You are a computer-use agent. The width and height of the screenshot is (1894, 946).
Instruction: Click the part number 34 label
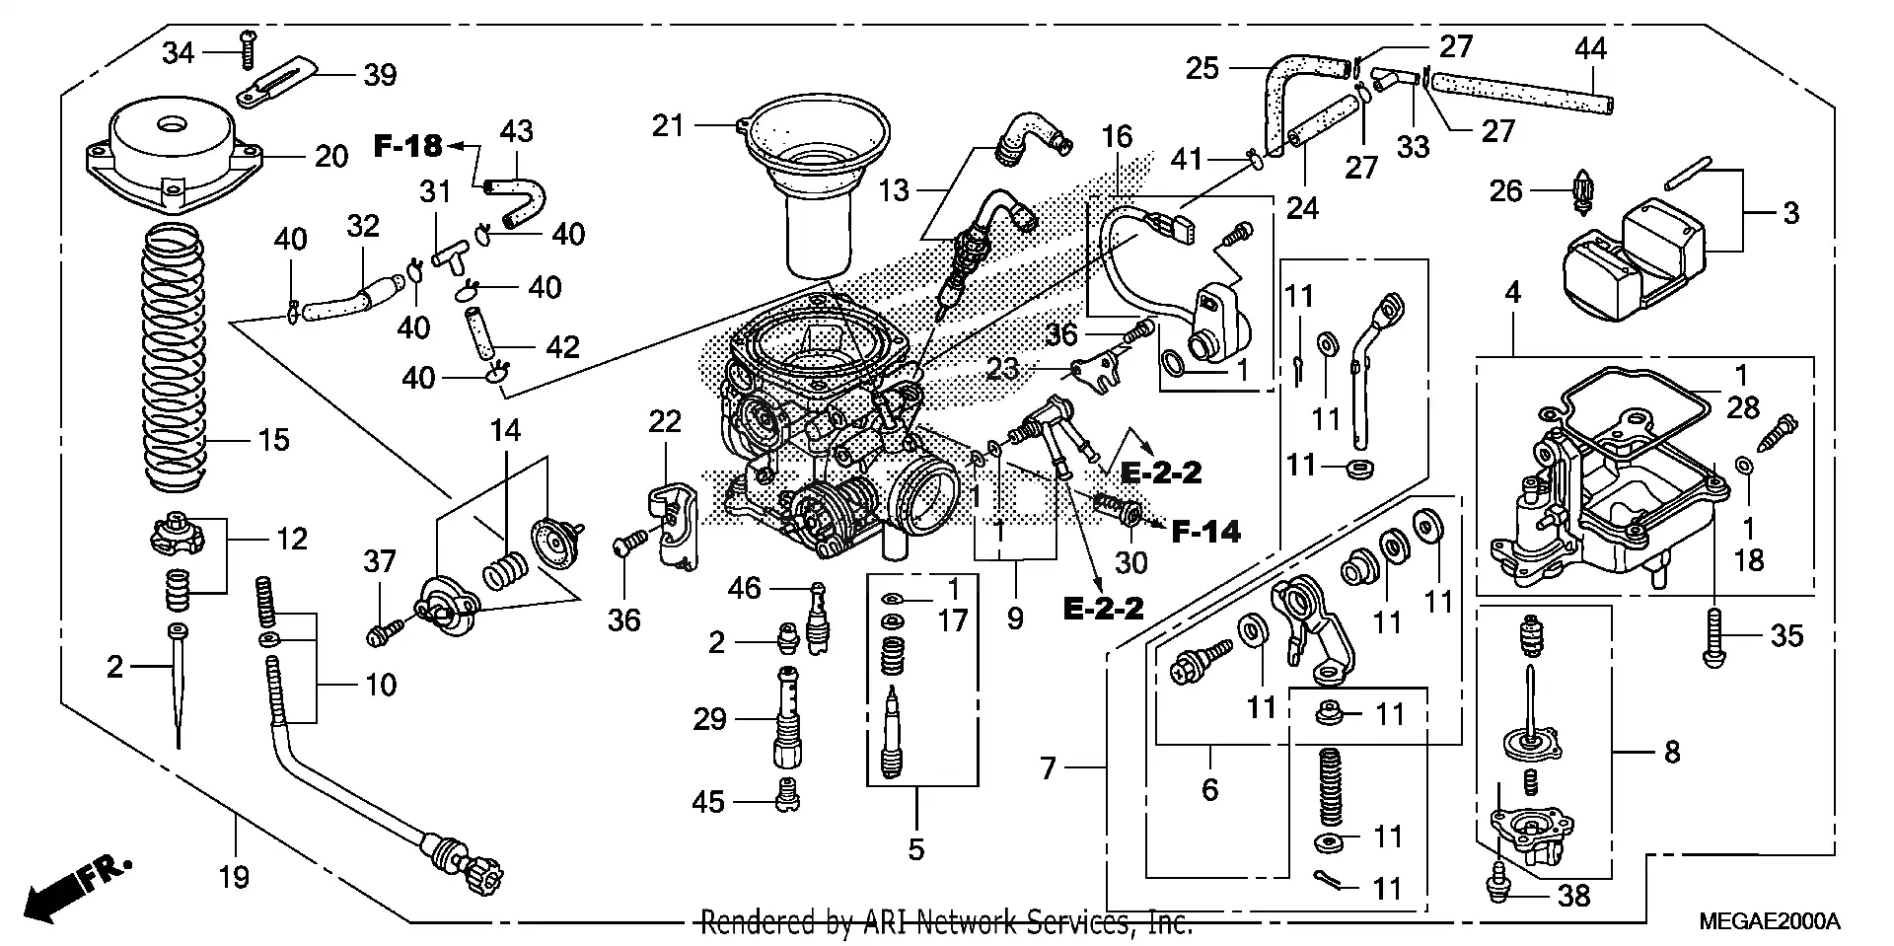(x=178, y=52)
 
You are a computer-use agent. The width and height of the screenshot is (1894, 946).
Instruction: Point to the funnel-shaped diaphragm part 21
(x=817, y=178)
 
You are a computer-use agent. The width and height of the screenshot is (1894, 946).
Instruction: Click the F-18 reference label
(x=407, y=146)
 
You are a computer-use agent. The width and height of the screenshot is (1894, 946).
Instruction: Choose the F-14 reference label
(x=1205, y=532)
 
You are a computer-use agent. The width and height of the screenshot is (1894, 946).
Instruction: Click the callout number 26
(x=1505, y=190)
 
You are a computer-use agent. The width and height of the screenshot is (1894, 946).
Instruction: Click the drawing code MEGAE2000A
(x=1770, y=921)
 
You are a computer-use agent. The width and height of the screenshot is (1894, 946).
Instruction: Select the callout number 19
(x=234, y=876)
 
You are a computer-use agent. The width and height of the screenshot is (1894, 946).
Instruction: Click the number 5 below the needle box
(x=916, y=848)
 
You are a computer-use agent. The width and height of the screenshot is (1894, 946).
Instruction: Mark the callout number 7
(x=1049, y=766)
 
